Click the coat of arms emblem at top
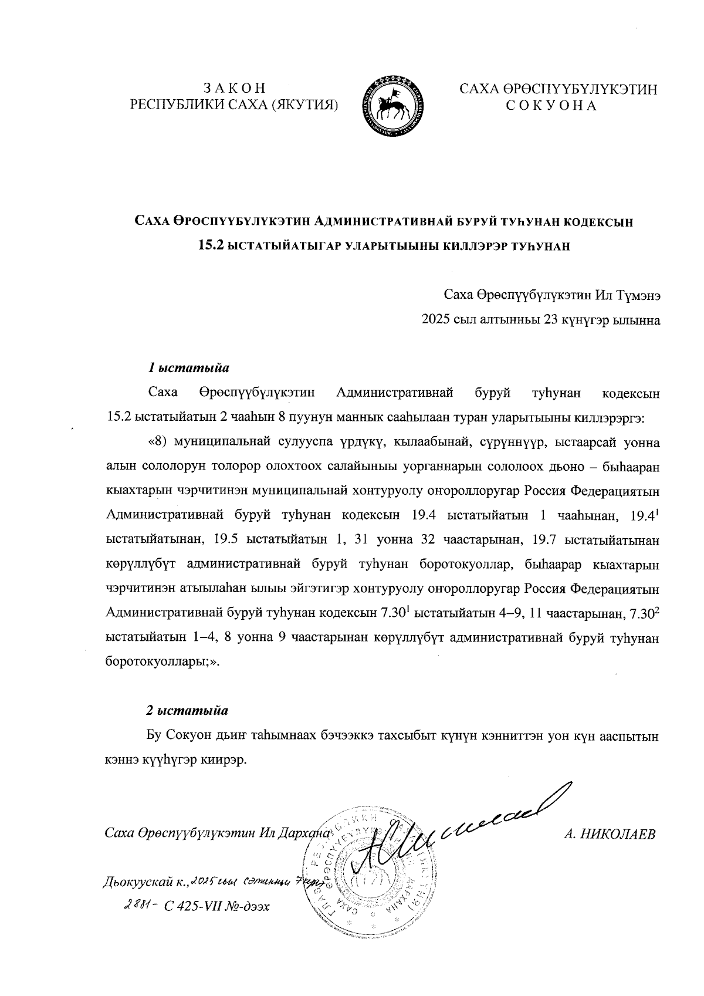coord(391,106)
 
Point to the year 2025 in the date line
coord(435,320)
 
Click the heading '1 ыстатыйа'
coord(188,369)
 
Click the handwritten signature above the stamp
coord(463,833)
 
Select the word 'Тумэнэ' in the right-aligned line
coord(639,295)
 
